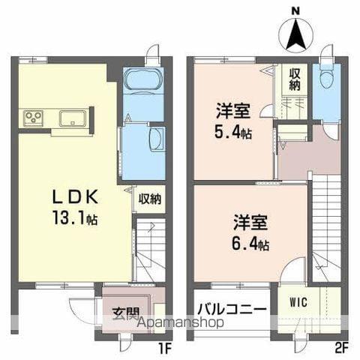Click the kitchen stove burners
tap(34, 117)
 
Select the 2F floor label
tap(341, 347)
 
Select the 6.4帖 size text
tap(251, 244)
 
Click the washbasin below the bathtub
tap(157, 139)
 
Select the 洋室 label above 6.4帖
tap(250, 223)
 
